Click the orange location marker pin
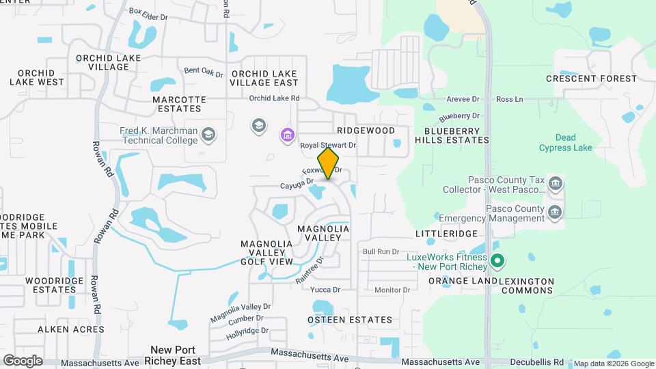point(329,163)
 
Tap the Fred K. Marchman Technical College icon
point(208,135)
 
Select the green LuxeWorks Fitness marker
point(498,261)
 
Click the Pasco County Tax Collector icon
point(556,184)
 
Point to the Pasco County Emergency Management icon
point(556,213)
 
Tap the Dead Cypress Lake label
point(566,142)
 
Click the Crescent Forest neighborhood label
point(591,79)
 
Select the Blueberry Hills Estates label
point(456,135)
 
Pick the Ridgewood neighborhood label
point(366,130)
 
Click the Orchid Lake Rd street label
point(274,98)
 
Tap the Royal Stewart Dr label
point(329,146)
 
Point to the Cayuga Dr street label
point(296,182)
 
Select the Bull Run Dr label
point(381,252)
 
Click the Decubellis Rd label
point(539,361)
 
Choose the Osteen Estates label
point(350,320)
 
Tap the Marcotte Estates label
point(179,104)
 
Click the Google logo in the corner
point(23,361)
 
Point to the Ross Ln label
point(509,99)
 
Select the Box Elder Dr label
point(148,12)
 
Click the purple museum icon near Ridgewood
point(288,135)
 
